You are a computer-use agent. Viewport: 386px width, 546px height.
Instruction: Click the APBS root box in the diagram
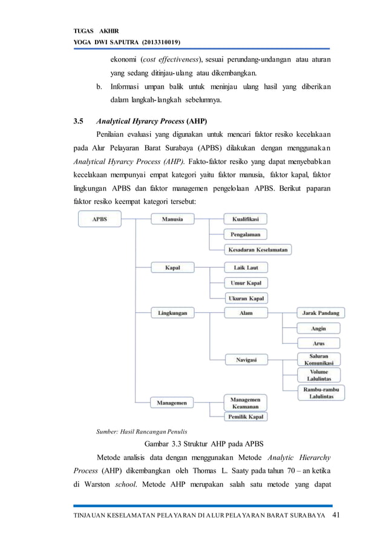coord(100,219)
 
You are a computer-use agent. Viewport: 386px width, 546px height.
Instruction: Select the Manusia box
coord(172,219)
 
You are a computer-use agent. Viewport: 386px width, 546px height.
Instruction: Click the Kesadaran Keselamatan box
coord(258,249)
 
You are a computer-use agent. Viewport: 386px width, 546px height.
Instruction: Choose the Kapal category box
coord(172,267)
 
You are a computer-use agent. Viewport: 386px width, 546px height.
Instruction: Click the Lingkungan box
coord(172,314)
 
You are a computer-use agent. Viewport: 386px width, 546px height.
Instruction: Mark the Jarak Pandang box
coord(321,314)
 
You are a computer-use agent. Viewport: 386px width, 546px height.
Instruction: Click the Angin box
coord(318,329)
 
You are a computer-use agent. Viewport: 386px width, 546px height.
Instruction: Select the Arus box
coord(318,344)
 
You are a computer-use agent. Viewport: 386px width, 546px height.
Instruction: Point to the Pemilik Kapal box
coord(246,416)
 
